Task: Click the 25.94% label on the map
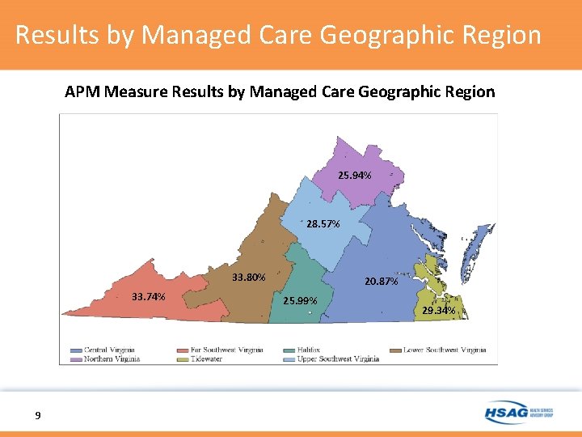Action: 356,176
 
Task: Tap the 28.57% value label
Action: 323,223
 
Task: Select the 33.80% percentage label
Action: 249,278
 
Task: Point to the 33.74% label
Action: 149,296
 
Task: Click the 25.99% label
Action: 301,301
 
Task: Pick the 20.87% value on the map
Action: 381,282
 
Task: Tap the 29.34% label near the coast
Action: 439,310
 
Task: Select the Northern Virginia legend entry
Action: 112,359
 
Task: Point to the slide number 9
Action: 38,416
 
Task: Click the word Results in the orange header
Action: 55,36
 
